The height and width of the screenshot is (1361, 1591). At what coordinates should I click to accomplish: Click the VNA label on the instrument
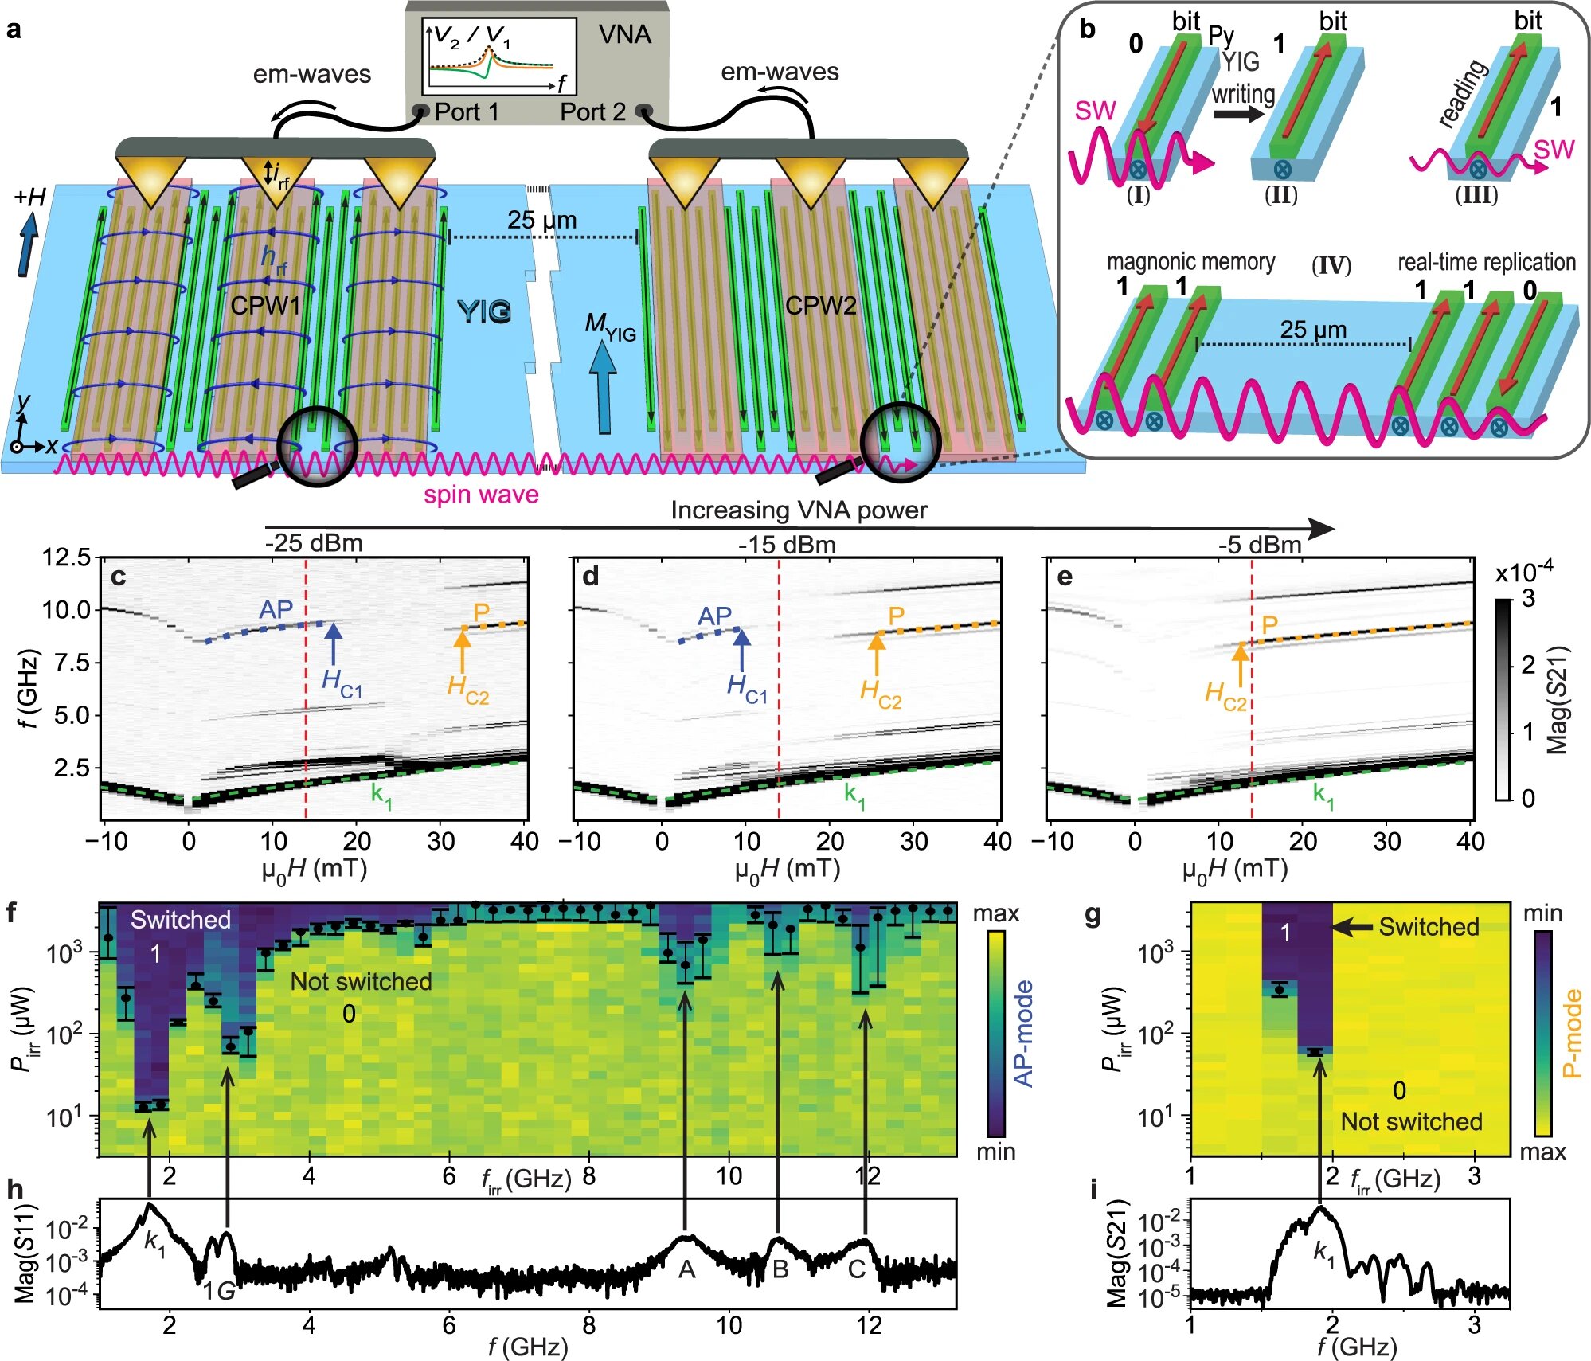625,34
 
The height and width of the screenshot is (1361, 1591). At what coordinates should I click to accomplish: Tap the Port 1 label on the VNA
467,112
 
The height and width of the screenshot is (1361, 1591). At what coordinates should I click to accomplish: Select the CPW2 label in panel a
820,306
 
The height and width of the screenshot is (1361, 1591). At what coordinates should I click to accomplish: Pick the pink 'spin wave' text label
481,495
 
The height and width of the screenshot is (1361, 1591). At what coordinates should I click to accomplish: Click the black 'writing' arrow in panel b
1238,114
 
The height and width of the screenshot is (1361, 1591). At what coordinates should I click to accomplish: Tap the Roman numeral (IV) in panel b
1331,264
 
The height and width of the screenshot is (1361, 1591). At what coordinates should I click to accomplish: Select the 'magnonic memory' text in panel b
1190,262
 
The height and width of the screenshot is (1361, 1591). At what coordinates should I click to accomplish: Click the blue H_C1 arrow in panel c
334,643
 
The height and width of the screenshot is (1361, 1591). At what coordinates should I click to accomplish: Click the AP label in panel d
714,616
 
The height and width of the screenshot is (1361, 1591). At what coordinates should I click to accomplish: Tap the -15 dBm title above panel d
787,545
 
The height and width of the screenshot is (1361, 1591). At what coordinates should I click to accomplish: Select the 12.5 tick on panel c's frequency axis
67,557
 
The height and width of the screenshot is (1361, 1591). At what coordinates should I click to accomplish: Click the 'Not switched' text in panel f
361,981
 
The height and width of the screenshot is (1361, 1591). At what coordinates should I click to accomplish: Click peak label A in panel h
686,1269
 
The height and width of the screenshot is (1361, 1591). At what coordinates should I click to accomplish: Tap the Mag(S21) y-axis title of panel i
1119,1255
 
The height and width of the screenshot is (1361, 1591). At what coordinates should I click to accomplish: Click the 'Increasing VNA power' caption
799,510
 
